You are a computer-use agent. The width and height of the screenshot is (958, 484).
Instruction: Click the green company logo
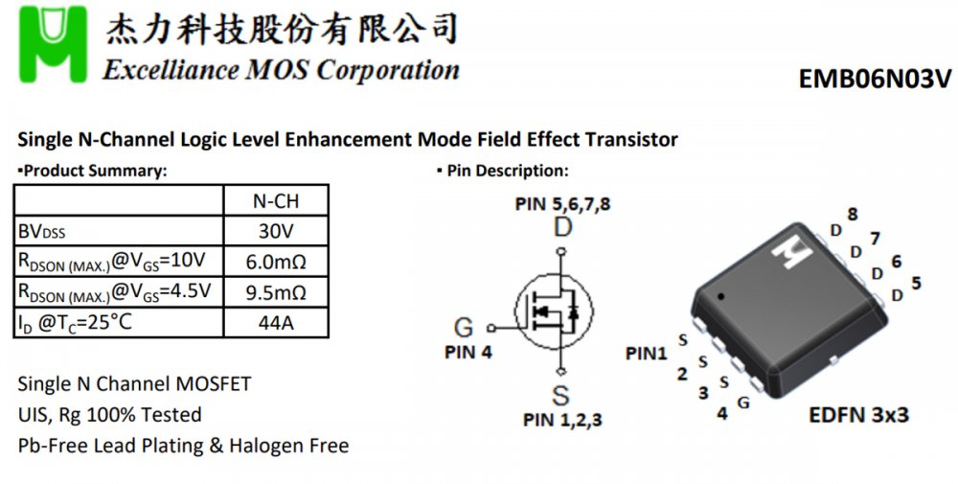tap(56, 44)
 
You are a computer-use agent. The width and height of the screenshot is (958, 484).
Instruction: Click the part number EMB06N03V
tap(875, 79)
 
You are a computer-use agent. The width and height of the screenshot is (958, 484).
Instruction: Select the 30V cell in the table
tap(275, 231)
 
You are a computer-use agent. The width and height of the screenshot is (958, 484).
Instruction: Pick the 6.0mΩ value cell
tap(275, 262)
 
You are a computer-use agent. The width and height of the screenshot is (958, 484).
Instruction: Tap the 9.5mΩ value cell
tap(275, 291)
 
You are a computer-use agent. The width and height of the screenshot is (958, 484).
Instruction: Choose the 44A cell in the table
tap(275, 322)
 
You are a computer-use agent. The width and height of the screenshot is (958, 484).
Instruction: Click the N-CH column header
tap(275, 200)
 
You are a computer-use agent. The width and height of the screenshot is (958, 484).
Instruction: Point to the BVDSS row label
tap(42, 232)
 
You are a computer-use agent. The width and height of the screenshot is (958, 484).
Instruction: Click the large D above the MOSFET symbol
tap(562, 227)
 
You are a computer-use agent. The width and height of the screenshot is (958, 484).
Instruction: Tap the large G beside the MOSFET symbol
tap(464, 328)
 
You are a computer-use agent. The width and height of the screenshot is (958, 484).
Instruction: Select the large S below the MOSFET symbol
tap(560, 395)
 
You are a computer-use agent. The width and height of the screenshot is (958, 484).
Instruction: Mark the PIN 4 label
tap(468, 352)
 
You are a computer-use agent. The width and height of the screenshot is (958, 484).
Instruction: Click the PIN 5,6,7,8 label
tap(562, 204)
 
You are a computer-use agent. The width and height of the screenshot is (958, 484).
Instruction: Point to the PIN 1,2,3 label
tap(562, 419)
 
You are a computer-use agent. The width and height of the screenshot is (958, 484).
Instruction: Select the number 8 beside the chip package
tap(852, 214)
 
